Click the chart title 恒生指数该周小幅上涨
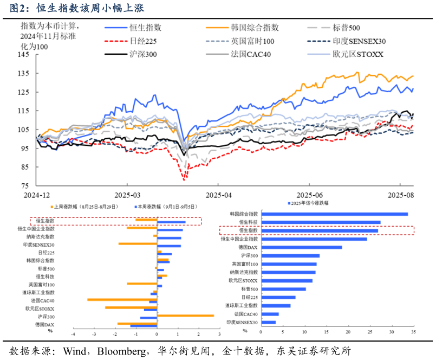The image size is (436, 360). pos(89,9)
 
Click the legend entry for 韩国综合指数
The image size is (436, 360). pos(255,28)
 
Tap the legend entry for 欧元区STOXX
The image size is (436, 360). pos(358,54)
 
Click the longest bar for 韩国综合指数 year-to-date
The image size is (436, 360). pos(334,214)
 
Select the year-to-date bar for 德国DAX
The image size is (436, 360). pos(301,247)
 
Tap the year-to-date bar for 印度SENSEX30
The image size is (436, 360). pos(268,322)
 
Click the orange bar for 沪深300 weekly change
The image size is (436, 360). pos(185,315)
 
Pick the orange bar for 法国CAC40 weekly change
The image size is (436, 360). pos(122,299)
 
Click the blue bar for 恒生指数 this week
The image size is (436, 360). pos(171,222)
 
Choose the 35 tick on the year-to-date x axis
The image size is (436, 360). pos(414,331)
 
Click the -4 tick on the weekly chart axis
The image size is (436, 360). pos(73,334)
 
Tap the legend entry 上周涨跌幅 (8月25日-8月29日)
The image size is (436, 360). pos(81,207)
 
